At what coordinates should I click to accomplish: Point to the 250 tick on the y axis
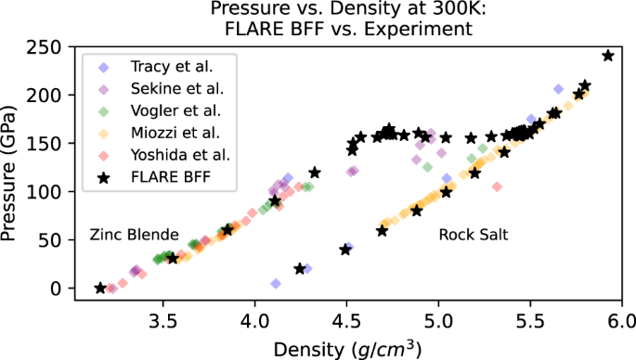coord(49,47)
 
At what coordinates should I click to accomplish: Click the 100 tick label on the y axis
coord(49,192)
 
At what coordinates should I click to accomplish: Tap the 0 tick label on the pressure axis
coord(59,289)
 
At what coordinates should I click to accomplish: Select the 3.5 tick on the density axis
coord(163,321)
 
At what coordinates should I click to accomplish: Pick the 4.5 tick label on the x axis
coord(346,321)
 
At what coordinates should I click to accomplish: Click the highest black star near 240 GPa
coord(608,56)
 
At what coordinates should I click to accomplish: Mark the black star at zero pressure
coord(100,289)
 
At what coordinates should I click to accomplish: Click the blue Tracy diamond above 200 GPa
coord(558,89)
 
